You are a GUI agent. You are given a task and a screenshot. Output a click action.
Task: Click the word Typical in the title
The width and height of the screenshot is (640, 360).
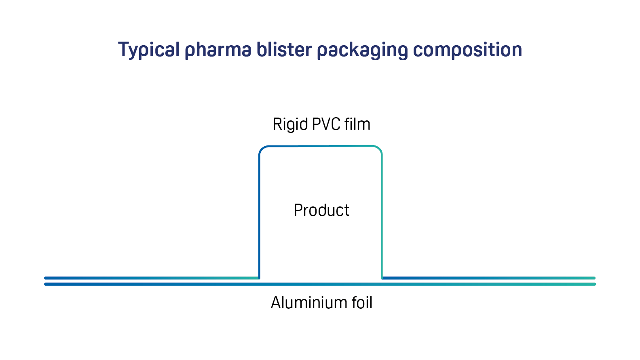point(149,50)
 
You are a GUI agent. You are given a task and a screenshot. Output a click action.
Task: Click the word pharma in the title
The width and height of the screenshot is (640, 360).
point(218,50)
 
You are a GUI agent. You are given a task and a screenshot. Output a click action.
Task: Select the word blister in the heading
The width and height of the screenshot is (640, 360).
point(284,49)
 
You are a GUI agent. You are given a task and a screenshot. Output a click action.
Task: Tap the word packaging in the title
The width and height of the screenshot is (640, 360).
point(363,50)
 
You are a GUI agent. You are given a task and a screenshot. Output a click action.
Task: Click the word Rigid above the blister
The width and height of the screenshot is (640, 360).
point(290,124)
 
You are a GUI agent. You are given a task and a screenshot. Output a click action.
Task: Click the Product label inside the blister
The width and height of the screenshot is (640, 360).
point(321,210)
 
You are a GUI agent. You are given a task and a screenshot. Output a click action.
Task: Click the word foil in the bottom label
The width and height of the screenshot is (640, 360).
point(362,302)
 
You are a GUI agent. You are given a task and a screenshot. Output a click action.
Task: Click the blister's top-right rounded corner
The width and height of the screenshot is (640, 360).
point(379,149)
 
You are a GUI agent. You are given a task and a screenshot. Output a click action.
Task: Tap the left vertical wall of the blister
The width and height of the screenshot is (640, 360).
point(260,216)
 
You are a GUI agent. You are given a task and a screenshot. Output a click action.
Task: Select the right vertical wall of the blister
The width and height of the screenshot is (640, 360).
point(382,216)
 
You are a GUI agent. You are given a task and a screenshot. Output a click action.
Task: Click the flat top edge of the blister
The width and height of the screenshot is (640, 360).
point(321,146)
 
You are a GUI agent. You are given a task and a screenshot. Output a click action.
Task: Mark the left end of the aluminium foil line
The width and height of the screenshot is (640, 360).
point(45,284)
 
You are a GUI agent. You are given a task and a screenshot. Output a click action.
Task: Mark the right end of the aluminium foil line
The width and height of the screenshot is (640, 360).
point(595,284)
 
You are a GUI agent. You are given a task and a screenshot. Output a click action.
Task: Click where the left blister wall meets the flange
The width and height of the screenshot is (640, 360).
point(260,278)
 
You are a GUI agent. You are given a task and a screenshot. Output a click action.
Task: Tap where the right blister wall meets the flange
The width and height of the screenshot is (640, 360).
point(382,278)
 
